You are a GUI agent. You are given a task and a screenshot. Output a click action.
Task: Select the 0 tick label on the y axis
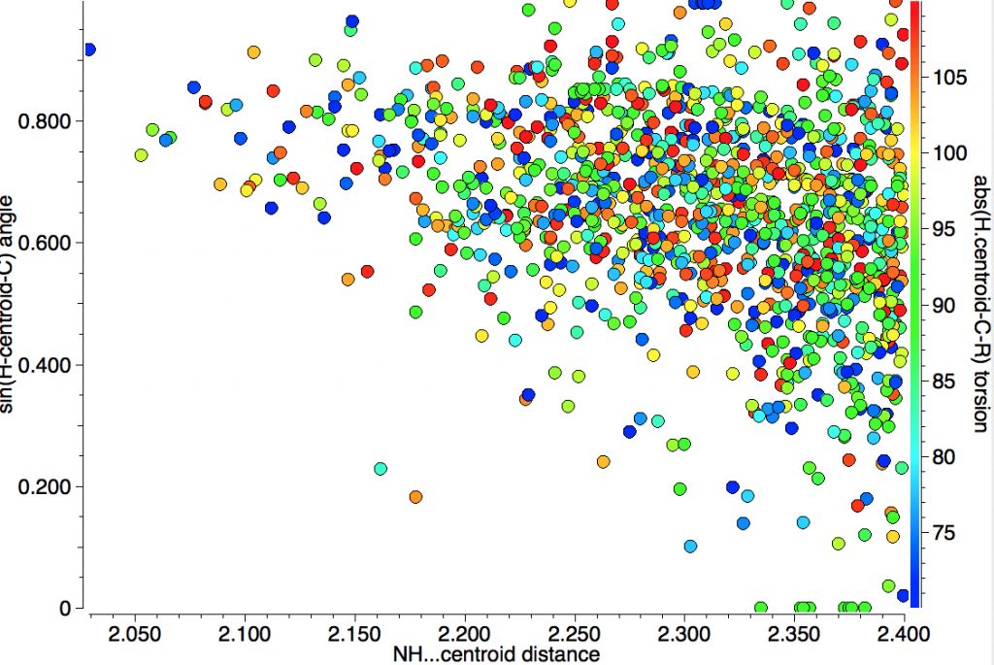[65, 609]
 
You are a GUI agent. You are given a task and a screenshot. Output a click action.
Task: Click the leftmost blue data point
[89, 50]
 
